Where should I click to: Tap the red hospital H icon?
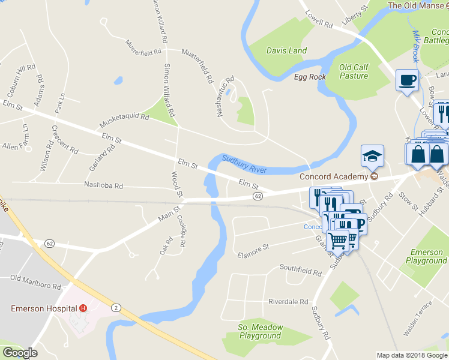click(83, 308)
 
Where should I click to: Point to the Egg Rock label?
click(310, 77)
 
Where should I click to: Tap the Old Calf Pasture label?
click(354, 71)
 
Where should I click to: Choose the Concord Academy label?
click(333, 176)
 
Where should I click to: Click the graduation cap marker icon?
click(372, 156)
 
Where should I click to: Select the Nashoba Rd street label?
click(103, 186)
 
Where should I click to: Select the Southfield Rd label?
click(301, 271)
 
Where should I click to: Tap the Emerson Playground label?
click(426, 257)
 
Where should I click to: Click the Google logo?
click(20, 353)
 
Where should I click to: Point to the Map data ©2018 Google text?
click(411, 355)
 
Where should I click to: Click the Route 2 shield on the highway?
click(116, 307)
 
